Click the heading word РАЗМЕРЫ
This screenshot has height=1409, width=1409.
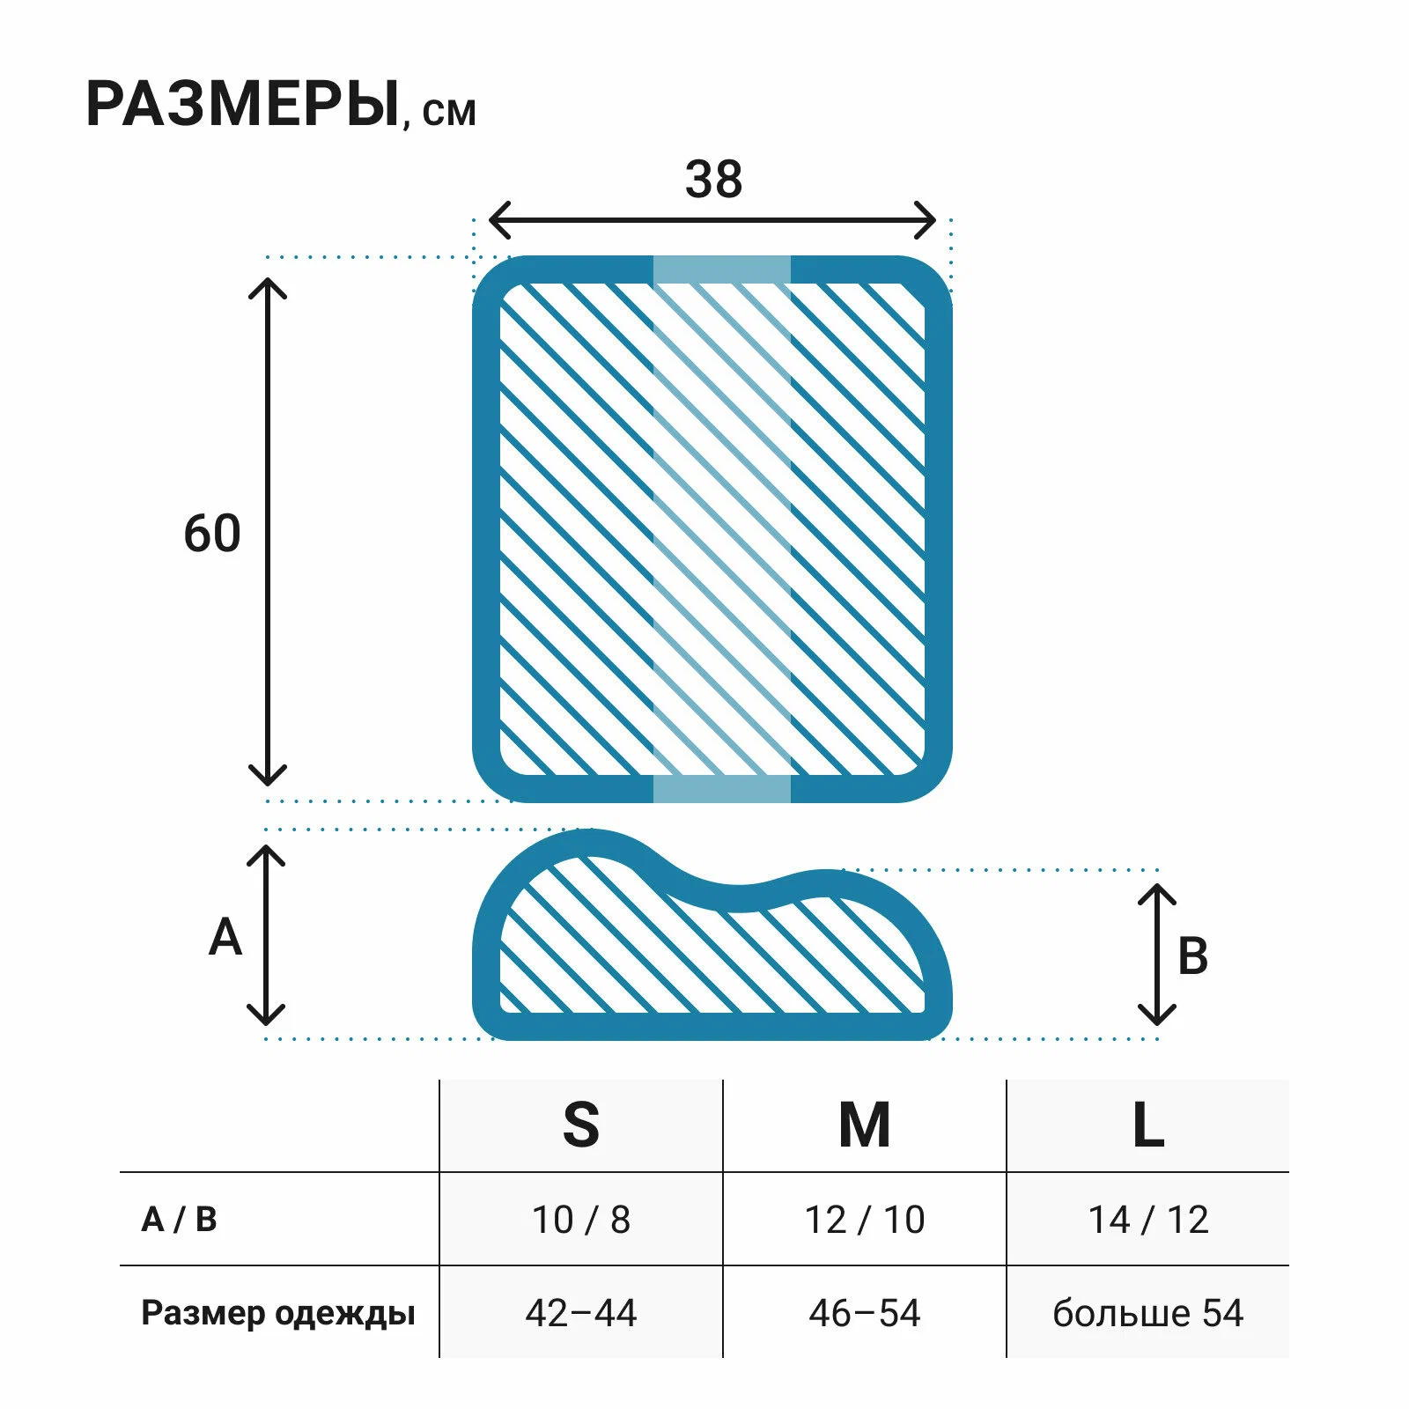pyautogui.click(x=242, y=105)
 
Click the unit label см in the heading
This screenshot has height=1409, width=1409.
pyautogui.click(x=449, y=113)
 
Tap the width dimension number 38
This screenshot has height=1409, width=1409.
pyautogui.click(x=713, y=180)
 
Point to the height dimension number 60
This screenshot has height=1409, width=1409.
pyautogui.click(x=212, y=534)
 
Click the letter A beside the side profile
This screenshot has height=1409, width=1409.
pyautogui.click(x=225, y=937)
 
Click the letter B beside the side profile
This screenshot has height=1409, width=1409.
pyautogui.click(x=1193, y=956)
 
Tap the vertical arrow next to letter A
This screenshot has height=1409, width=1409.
pyautogui.click(x=266, y=935)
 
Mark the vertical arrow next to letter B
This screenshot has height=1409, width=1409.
pyautogui.click(x=1157, y=955)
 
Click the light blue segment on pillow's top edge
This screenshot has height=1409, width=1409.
pyautogui.click(x=721, y=269)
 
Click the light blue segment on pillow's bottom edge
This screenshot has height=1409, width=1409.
pyautogui.click(x=721, y=789)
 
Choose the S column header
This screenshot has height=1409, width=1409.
pyautogui.click(x=581, y=1125)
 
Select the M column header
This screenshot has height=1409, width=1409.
pyautogui.click(x=864, y=1125)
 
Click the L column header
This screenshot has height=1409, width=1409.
pyautogui.click(x=1147, y=1125)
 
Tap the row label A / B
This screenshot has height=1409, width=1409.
pyautogui.click(x=179, y=1220)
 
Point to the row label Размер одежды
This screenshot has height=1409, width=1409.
pyautogui.click(x=277, y=1313)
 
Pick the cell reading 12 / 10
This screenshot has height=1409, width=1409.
pyautogui.click(x=864, y=1220)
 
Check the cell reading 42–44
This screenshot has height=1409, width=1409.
pyautogui.click(x=581, y=1313)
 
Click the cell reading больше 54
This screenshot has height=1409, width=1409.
pyautogui.click(x=1147, y=1313)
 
